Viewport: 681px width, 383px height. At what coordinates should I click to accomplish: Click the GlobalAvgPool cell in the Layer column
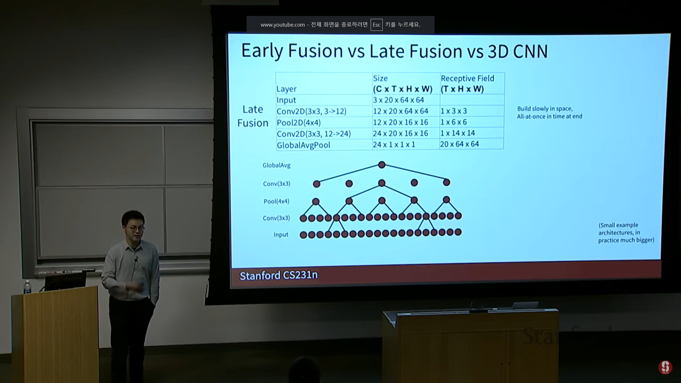point(304,145)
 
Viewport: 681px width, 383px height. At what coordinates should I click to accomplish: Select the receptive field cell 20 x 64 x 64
point(459,144)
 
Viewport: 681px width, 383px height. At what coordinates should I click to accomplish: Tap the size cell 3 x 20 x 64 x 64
point(398,100)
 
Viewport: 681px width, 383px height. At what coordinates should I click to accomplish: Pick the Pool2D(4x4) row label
point(299,123)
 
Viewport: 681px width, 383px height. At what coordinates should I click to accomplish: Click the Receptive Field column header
point(467,83)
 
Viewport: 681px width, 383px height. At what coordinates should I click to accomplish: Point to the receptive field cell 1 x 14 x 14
point(458,133)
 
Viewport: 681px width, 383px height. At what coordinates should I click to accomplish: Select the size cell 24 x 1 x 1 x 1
point(394,144)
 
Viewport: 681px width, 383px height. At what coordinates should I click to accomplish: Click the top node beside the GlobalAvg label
point(382,165)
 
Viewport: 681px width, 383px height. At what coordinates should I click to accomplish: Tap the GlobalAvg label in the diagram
point(276,165)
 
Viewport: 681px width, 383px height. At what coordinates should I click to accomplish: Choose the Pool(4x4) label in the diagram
point(276,201)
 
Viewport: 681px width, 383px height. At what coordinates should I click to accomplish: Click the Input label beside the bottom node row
point(281,235)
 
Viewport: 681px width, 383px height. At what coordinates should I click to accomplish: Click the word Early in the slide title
point(262,51)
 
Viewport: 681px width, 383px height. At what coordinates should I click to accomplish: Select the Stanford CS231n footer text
point(278,276)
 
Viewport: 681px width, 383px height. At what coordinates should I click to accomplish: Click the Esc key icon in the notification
point(376,25)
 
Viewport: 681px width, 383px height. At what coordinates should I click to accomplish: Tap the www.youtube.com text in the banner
point(283,25)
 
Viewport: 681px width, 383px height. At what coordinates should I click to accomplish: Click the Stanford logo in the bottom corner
point(665,367)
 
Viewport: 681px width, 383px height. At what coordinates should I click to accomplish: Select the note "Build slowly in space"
point(545,109)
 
